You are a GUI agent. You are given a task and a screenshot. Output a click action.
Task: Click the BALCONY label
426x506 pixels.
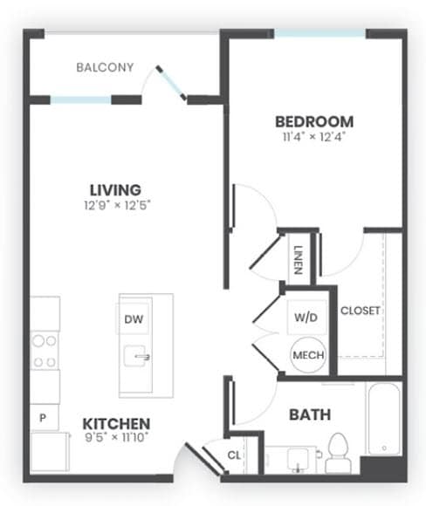pos(105,67)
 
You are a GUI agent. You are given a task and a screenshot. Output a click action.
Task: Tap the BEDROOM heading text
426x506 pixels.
pos(314,121)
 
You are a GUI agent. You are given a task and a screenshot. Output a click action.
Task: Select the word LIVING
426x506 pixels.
pos(115,189)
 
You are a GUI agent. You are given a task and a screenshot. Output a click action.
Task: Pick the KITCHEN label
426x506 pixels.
pos(117,421)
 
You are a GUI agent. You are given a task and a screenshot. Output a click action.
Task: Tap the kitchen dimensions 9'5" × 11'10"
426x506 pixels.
pos(117,436)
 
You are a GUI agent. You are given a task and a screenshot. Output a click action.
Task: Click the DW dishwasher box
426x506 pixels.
pos(134,319)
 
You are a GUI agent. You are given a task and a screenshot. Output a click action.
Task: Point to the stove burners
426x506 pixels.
pos(45,349)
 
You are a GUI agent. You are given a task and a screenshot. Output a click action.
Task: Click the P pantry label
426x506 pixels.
pos(42,418)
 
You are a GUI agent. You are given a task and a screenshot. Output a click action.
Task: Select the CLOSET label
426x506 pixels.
pos(361,311)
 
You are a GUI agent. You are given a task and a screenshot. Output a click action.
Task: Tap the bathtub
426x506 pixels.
pos(383,418)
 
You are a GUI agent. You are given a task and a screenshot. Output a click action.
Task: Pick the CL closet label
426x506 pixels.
pos(234,455)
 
